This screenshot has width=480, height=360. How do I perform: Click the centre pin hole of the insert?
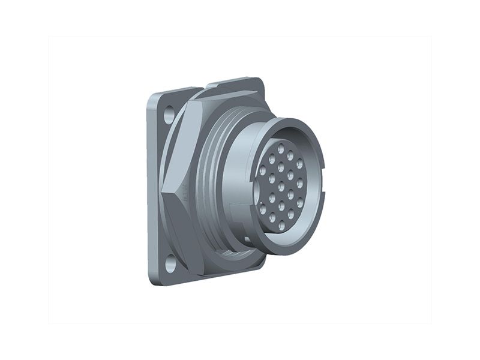(281, 187)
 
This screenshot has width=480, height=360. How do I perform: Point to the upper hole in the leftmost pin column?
(262, 171)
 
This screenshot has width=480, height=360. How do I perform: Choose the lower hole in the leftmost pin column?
(262, 207)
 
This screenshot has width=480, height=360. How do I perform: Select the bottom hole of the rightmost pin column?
(300, 202)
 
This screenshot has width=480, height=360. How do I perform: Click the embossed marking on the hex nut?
(187, 193)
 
